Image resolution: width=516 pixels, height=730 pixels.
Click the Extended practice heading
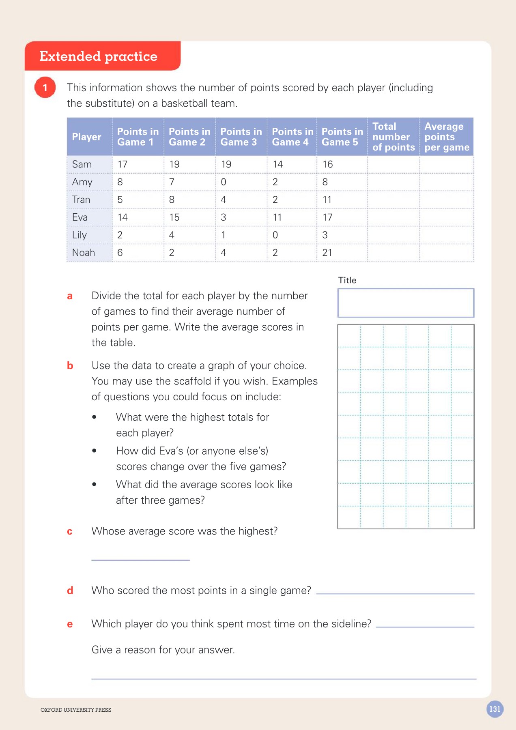point(99,56)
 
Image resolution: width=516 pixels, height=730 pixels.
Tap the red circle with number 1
point(45,88)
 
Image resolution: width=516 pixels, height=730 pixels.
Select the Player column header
point(87,137)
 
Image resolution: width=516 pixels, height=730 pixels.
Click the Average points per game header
point(447,137)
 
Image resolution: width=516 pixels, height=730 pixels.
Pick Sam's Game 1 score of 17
point(123,164)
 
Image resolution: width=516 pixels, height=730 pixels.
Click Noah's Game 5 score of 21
point(327,253)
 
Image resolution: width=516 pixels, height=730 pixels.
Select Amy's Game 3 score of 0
point(224,182)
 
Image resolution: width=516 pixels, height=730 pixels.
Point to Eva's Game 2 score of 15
point(174,217)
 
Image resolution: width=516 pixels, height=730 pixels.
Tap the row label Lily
point(80,235)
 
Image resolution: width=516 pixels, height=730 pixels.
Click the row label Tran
point(81,200)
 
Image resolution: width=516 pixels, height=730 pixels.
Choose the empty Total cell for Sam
point(393,164)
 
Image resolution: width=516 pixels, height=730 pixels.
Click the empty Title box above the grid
point(406,303)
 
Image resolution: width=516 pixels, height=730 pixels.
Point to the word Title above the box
point(347,280)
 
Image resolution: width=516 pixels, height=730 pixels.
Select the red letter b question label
point(70,366)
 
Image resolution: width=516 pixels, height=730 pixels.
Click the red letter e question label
point(70,624)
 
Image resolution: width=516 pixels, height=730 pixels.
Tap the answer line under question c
point(140,560)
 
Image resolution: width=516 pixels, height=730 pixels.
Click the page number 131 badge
point(494,709)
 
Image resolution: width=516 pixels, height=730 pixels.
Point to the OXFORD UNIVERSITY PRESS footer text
point(76,710)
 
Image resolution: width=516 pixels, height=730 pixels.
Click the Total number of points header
point(393,137)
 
